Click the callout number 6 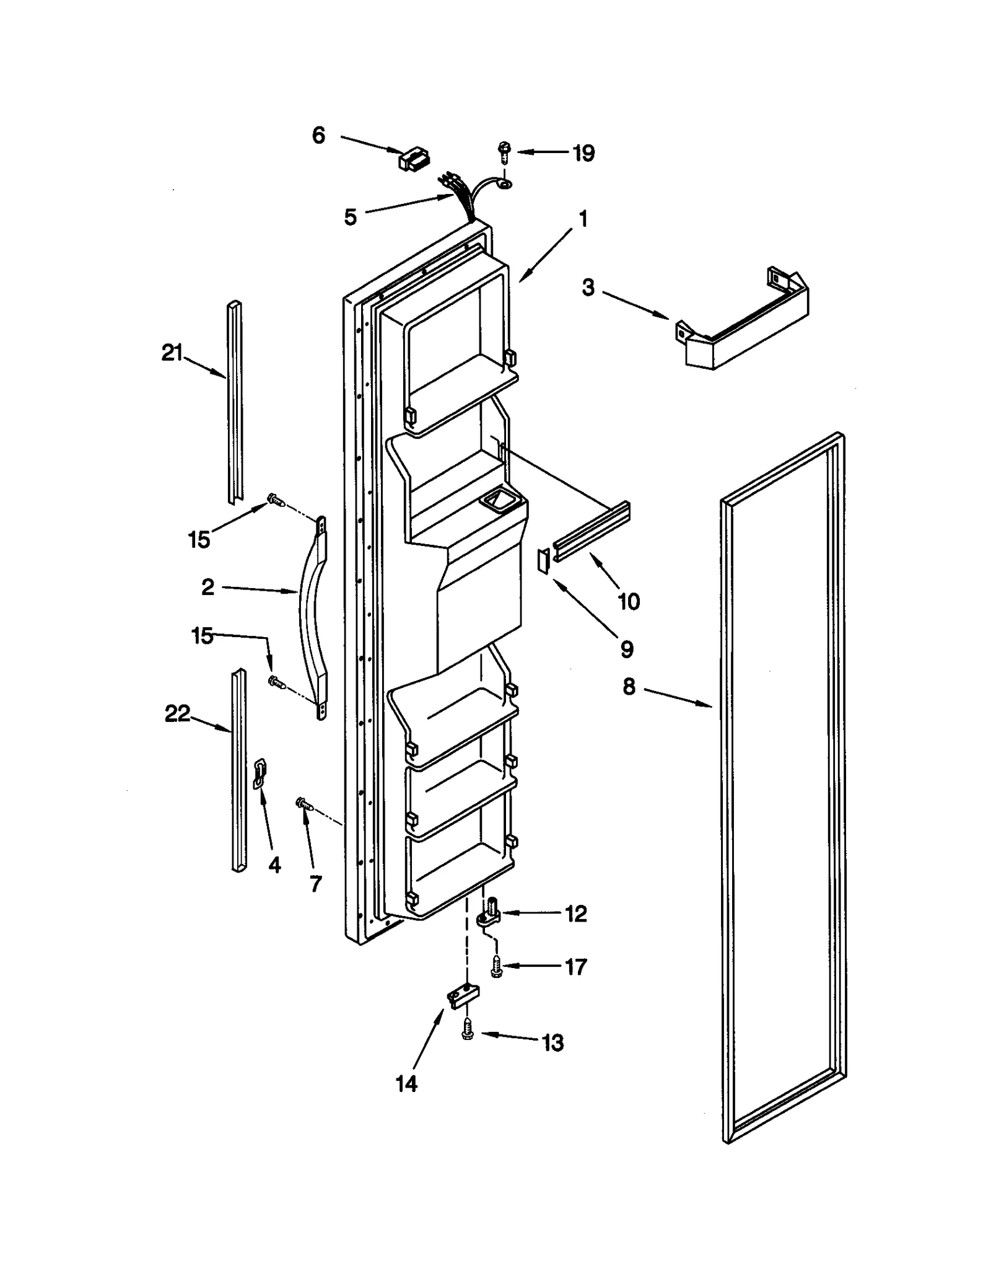[318, 135]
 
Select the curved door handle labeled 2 [313, 619]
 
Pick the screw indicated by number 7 [305, 804]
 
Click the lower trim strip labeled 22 [238, 770]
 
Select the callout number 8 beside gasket [629, 687]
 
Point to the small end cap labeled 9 [543, 562]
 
